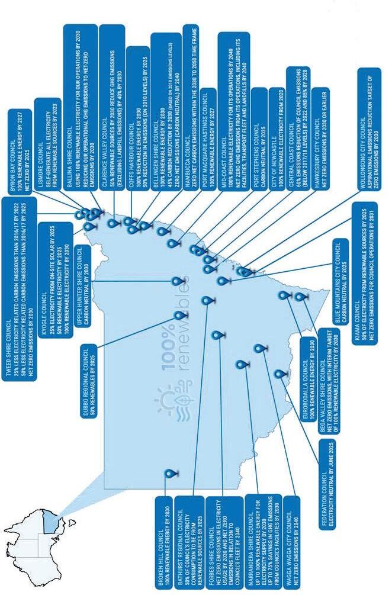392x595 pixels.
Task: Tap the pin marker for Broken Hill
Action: [171, 474]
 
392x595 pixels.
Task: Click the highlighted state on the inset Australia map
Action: [54, 521]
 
